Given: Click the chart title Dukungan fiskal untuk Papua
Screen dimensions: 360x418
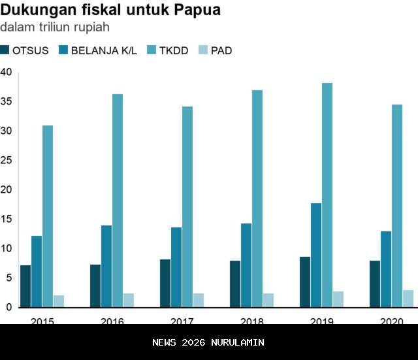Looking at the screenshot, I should (x=110, y=10).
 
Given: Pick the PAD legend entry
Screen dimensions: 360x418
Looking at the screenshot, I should (x=215, y=50).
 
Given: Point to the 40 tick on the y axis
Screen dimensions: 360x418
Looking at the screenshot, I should (x=7, y=72).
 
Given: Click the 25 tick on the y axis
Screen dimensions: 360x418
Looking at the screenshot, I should (x=7, y=160).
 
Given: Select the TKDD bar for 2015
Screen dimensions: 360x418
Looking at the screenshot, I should (x=48, y=216).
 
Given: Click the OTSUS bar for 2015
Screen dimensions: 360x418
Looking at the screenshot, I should (x=25, y=286).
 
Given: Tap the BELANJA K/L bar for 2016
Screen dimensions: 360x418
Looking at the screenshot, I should (x=106, y=266).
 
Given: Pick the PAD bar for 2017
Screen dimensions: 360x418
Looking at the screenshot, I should (x=199, y=300).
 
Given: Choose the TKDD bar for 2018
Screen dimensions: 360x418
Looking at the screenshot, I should (x=257, y=198).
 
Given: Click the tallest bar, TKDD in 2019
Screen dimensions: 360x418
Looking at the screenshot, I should (x=327, y=195).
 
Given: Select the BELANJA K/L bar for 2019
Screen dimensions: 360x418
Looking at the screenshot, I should (x=316, y=255).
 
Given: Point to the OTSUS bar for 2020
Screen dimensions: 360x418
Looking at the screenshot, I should (x=375, y=284).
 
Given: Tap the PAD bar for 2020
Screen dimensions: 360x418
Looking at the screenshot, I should (x=408, y=298).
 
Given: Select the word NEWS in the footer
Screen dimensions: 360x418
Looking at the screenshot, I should (x=165, y=342).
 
